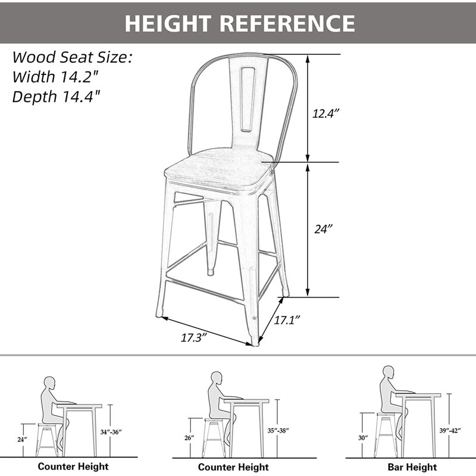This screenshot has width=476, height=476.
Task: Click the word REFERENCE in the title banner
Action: pyautogui.click(x=288, y=23)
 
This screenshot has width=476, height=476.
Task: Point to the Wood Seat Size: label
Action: pyautogui.click(x=72, y=57)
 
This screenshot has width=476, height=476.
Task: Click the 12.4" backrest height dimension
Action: pyautogui.click(x=325, y=113)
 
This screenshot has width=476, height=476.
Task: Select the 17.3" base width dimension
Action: pyautogui.click(x=193, y=337)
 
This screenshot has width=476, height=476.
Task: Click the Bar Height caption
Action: pyautogui.click(x=411, y=467)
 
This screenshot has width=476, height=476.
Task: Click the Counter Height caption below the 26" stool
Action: pyautogui.click(x=233, y=467)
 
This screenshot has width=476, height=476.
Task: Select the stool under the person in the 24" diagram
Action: pyautogui.click(x=48, y=440)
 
